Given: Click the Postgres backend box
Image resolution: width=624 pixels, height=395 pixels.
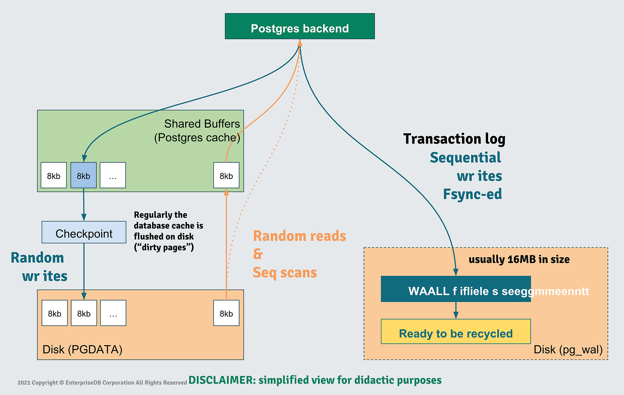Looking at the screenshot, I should point(300,27).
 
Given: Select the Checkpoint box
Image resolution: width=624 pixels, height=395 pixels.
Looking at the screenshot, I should point(84,232).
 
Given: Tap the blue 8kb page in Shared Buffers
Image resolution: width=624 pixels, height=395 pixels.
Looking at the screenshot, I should point(84,175).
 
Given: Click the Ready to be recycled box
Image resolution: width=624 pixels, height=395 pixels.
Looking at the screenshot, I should point(456,332).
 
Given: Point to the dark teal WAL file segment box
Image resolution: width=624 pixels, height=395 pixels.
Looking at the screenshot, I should point(456,289).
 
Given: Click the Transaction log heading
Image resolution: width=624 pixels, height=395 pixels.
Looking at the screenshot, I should point(454,139).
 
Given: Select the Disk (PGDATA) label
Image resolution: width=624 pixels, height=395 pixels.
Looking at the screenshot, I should point(82,350).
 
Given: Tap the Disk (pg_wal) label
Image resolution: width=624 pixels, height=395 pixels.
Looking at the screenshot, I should point(568,350).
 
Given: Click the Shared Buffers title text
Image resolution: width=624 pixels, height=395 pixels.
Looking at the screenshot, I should point(201,124).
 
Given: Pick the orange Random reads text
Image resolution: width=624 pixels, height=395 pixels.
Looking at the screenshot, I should point(300,236).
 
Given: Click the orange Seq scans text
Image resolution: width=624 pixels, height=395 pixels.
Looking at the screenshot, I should point(285,272).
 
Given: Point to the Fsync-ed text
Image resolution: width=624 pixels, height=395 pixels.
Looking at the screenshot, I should point(472,195).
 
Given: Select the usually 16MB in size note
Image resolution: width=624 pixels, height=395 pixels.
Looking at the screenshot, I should point(519,260).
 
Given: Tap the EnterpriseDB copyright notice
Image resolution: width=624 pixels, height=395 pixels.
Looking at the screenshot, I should point(102,383).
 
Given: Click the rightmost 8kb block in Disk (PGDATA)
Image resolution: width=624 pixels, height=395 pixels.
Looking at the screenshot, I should point(226,313).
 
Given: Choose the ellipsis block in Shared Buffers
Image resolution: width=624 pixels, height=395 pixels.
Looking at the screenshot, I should point(113,175).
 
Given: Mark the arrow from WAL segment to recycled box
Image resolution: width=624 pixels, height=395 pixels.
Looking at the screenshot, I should point(456,310).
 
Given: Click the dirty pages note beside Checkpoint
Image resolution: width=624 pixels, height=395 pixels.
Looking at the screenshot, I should point(168,231).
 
